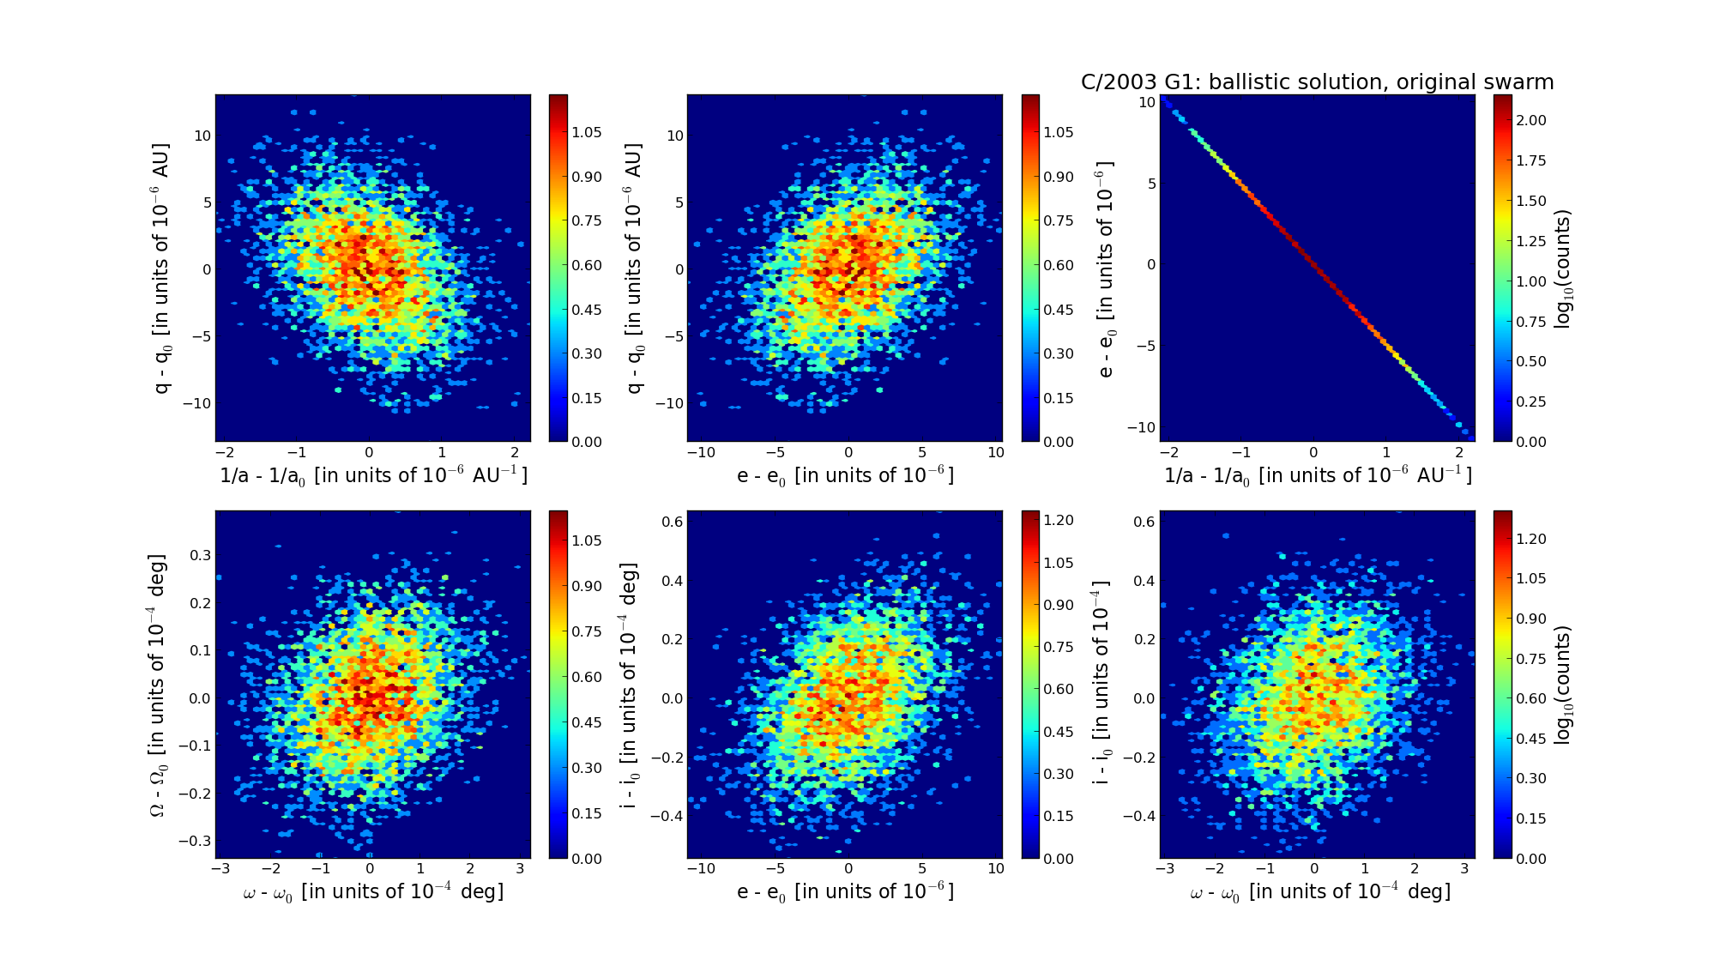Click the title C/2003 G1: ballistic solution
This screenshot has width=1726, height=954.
point(1317,82)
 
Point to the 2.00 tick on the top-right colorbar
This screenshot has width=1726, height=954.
point(1531,120)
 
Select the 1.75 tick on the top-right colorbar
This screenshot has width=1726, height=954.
point(1531,160)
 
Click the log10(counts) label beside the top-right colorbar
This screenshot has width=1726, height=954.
point(1562,269)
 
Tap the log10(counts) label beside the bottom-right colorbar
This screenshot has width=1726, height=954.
point(1562,685)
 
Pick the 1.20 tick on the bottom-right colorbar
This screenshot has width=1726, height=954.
point(1531,539)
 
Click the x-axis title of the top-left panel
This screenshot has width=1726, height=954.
point(373,475)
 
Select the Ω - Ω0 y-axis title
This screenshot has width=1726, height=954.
point(158,685)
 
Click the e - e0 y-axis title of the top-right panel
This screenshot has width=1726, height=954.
point(1106,269)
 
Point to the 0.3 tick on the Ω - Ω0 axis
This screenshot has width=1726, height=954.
point(201,555)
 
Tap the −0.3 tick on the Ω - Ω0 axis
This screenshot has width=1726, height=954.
point(196,841)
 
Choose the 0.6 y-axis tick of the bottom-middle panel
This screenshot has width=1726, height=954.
point(673,522)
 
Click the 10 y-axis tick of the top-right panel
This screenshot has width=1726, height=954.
point(1147,102)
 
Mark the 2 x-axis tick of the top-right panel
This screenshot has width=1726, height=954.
point(1458,452)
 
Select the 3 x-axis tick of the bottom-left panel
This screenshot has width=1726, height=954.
point(520,868)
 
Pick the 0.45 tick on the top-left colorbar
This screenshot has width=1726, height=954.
point(587,309)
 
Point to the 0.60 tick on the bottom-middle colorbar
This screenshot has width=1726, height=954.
point(1059,689)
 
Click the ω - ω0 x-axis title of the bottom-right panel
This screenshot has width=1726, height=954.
point(1320,892)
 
